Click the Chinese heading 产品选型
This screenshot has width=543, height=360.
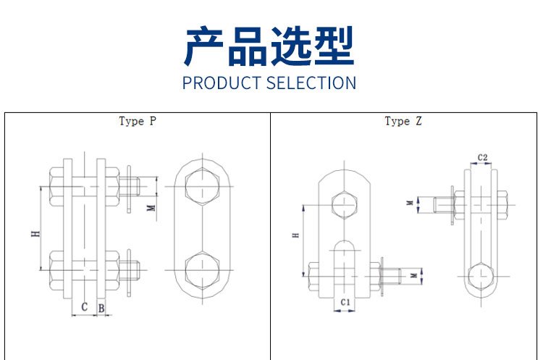coord(269,46)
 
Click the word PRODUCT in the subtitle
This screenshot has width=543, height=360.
coord(222,83)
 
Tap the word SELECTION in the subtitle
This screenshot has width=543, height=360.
coord(311,83)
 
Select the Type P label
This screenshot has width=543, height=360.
coord(138,121)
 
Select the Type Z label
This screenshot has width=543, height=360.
coord(403,121)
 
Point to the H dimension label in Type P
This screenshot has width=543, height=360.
coord(35,234)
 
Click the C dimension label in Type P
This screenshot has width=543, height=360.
coord(84,307)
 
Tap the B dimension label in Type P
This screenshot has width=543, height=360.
coord(101,309)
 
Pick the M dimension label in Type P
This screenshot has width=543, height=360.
coord(151,208)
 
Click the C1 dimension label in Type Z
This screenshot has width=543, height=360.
coord(345,303)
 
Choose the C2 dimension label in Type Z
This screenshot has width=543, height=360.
coord(482,158)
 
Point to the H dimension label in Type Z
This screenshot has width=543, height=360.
coord(295,235)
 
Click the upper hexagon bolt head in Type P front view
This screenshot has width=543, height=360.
coord(202,186)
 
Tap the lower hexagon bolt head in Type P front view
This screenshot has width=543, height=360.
coord(202,270)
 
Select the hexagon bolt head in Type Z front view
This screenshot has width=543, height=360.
coord(344,204)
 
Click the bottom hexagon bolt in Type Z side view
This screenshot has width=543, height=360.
coord(481,277)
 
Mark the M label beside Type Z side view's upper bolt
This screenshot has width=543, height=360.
coord(410,203)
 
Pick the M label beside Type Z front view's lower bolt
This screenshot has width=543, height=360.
coord(414,275)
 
